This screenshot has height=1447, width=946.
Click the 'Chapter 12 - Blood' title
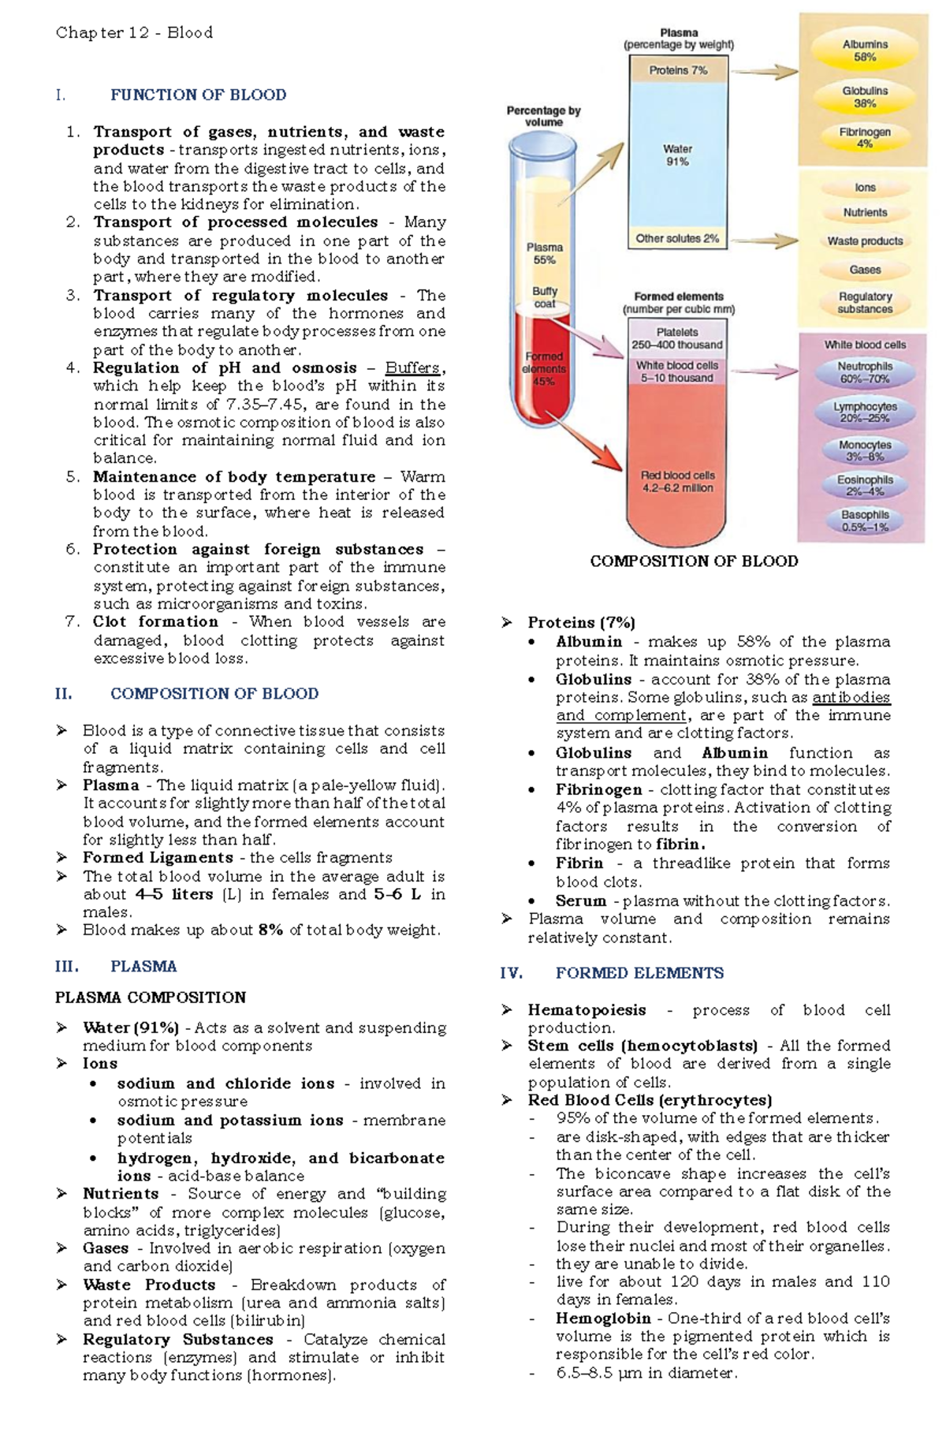[x=134, y=32]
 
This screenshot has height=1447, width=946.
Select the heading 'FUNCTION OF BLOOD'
[x=198, y=95]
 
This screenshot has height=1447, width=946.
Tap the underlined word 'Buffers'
[x=412, y=368]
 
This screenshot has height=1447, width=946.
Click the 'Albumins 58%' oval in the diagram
[x=865, y=51]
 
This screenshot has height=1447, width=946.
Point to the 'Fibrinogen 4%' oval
[x=865, y=138]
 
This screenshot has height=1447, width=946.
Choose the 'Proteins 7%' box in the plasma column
[x=678, y=70]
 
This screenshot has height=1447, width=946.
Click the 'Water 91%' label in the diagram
[x=677, y=155]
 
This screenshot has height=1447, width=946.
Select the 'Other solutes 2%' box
[x=678, y=238]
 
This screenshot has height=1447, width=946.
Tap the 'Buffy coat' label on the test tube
[x=545, y=297]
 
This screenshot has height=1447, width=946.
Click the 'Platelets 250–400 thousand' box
[x=677, y=338]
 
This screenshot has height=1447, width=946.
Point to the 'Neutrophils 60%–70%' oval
[x=865, y=372]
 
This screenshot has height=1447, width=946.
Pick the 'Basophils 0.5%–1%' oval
[x=865, y=520]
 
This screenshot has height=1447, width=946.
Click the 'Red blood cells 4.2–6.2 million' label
[x=677, y=482]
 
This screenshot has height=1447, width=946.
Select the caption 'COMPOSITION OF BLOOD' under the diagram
[x=694, y=561]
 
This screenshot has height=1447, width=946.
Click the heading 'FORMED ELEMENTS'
[x=639, y=973]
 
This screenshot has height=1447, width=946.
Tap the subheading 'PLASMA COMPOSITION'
[x=151, y=998]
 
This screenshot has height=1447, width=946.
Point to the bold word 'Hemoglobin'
[x=603, y=1318]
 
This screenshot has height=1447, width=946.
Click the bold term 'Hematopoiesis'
[x=587, y=1010]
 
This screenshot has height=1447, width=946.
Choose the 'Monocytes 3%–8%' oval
[x=865, y=451]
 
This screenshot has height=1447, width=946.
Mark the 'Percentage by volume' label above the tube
[x=543, y=116]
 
